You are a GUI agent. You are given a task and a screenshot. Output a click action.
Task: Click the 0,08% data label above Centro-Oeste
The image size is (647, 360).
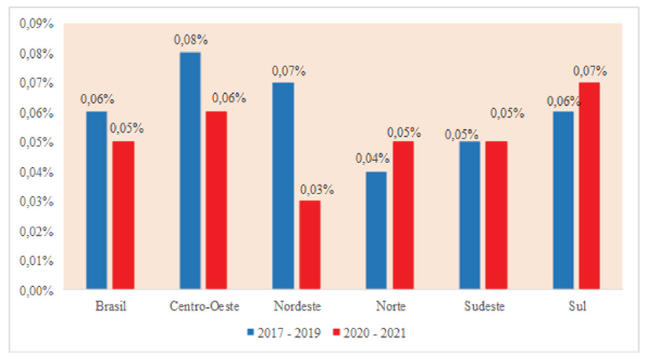(x=190, y=39)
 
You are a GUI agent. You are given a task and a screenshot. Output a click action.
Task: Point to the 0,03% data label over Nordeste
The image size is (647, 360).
(x=317, y=188)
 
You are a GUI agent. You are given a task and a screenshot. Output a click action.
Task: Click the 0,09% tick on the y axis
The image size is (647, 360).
(x=35, y=23)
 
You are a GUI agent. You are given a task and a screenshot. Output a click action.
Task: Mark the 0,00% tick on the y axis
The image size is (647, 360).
(x=35, y=290)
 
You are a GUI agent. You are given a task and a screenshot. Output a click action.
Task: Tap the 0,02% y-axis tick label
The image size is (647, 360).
(x=35, y=231)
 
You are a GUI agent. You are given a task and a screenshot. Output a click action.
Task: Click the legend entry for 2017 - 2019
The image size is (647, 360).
(x=278, y=332)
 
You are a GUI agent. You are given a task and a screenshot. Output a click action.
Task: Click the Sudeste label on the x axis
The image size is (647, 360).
(x=483, y=307)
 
